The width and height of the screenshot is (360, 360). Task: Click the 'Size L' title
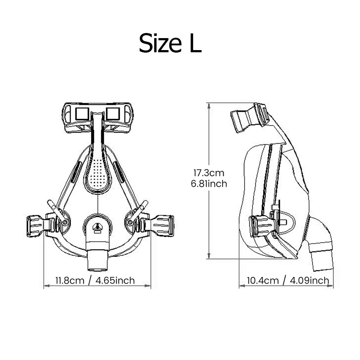(170, 43)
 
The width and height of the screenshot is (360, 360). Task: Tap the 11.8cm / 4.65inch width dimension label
(95, 281)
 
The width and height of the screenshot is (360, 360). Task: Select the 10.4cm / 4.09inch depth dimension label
(288, 280)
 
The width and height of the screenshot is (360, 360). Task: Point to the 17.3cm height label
(209, 173)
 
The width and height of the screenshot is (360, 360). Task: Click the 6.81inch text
(209, 184)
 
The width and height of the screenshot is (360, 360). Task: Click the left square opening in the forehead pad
(82, 114)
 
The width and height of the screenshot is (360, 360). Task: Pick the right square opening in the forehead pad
(113, 114)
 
